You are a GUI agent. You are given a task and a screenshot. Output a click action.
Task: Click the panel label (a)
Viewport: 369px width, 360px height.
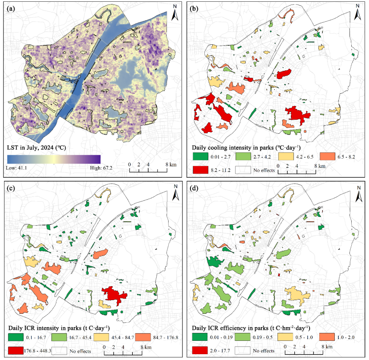click(x=11, y=9)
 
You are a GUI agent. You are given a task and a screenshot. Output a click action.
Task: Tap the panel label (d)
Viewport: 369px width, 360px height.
click(x=195, y=188)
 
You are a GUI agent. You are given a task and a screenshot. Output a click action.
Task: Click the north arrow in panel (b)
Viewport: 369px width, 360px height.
click(x=358, y=12)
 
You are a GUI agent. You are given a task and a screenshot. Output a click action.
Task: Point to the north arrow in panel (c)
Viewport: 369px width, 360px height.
click(x=175, y=192)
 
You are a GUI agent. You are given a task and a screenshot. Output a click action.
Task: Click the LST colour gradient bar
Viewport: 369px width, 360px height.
click(x=54, y=159)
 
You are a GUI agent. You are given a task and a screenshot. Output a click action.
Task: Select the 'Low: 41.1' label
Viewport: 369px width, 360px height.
click(x=16, y=168)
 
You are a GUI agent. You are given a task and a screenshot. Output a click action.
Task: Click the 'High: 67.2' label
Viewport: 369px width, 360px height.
click(x=101, y=168)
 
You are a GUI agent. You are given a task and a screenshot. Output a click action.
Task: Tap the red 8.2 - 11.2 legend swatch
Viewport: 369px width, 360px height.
click(x=200, y=170)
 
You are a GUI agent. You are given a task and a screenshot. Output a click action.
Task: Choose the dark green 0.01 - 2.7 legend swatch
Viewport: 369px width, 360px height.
click(x=200, y=156)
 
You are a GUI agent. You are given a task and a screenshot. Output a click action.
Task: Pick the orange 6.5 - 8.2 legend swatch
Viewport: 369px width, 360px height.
click(x=327, y=156)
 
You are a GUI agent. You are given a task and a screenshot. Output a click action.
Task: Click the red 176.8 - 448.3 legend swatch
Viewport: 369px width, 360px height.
click(x=16, y=351)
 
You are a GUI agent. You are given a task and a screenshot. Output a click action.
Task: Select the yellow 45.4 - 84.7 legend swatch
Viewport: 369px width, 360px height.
click(x=101, y=337)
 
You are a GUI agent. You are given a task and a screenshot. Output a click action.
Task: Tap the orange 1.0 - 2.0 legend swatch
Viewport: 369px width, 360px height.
click(x=327, y=337)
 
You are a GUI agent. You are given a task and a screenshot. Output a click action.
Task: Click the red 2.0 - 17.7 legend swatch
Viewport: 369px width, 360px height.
click(x=200, y=350)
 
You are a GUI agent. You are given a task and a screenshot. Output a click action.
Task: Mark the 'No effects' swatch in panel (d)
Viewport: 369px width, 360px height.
click(x=242, y=350)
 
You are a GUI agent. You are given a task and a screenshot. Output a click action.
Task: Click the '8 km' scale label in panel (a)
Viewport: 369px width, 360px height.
click(x=171, y=164)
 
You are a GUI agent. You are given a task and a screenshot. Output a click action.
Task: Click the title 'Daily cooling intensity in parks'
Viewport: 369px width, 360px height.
click(x=233, y=148)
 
